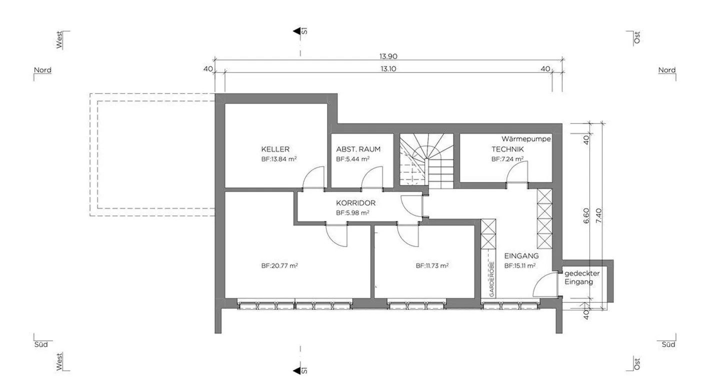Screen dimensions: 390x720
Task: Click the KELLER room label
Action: tap(275, 149)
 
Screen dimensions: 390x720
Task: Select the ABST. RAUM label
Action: tap(358, 149)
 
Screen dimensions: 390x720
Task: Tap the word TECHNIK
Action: tap(507, 149)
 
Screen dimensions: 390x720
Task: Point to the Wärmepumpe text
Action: tap(526, 139)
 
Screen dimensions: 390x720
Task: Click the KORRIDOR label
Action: tap(355, 203)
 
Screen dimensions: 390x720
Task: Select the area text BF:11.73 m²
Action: tap(432, 266)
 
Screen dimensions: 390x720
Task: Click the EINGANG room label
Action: tap(521, 255)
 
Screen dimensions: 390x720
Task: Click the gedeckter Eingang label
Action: tap(581, 277)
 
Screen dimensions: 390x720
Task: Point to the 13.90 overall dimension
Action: tap(388, 56)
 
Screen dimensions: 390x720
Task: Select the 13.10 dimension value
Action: tap(388, 69)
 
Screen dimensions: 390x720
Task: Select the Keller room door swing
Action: tap(314, 177)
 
